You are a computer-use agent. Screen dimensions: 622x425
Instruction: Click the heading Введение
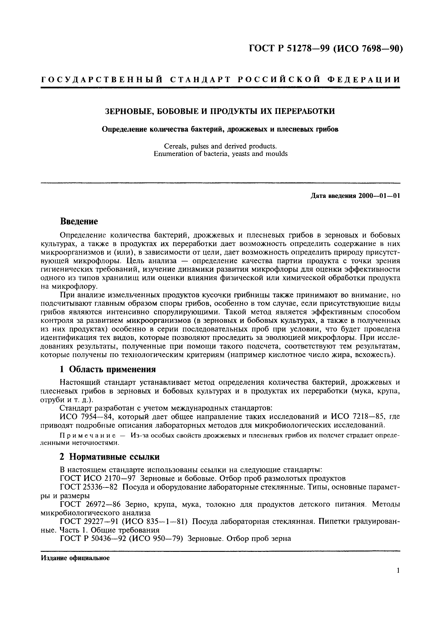click(79, 221)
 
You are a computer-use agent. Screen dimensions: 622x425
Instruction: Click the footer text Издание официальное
click(76, 558)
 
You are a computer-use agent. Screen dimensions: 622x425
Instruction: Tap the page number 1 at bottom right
click(398, 578)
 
